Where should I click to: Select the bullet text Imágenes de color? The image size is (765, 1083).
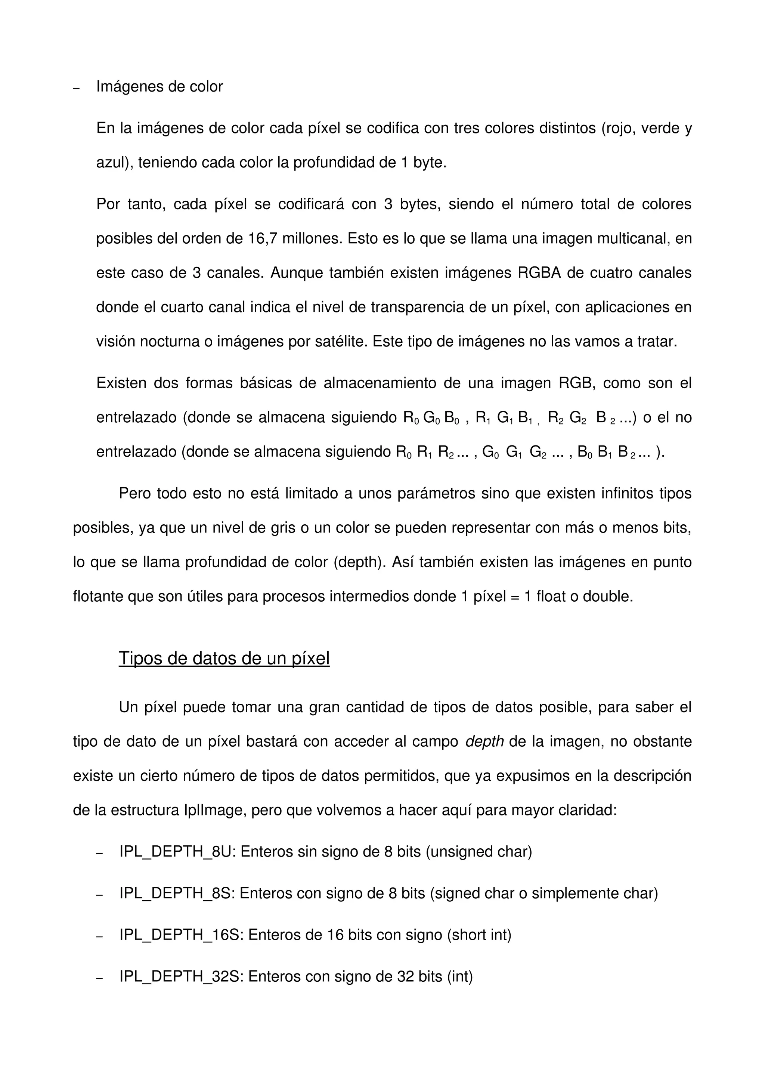click(159, 87)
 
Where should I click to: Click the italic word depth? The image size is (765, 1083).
click(484, 741)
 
